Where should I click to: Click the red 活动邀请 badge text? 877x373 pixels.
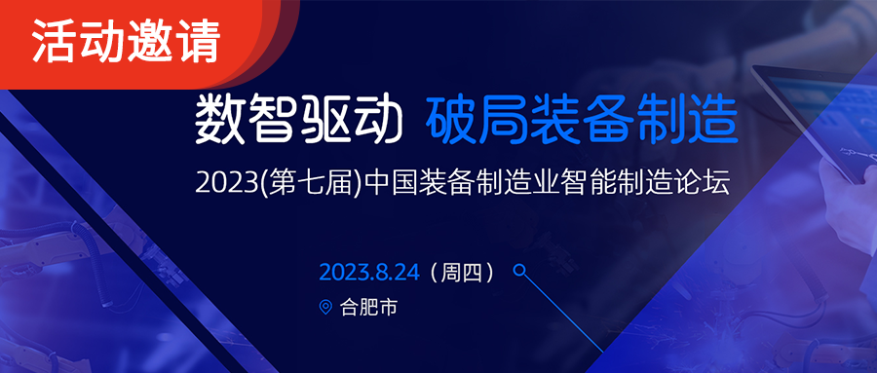(x=126, y=41)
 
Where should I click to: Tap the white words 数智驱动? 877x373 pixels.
(x=299, y=120)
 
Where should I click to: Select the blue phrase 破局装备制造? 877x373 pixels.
(x=581, y=120)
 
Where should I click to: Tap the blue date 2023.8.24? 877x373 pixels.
(x=369, y=273)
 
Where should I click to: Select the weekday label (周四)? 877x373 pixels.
(x=461, y=273)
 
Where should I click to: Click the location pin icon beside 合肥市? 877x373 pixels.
(x=325, y=307)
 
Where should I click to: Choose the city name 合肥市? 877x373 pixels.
(x=368, y=308)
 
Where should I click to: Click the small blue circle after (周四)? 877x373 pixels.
(x=519, y=271)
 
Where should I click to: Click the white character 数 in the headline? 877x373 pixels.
(x=219, y=120)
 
